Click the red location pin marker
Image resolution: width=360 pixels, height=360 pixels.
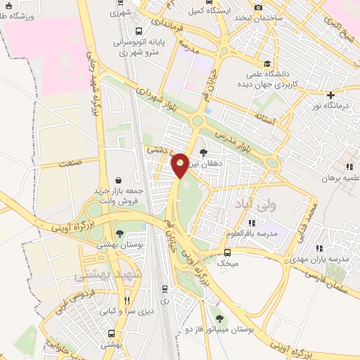pyautogui.click(x=180, y=165)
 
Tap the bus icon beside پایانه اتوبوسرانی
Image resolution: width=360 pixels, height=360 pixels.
pyautogui.click(x=139, y=31)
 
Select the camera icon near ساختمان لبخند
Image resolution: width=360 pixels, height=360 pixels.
pyautogui.click(x=259, y=7)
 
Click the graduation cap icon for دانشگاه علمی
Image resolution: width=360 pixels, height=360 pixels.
pyautogui.click(x=267, y=63)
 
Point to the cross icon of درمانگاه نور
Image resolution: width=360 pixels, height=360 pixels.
pyautogui.click(x=330, y=94)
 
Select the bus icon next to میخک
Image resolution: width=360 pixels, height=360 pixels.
pyautogui.click(x=227, y=252)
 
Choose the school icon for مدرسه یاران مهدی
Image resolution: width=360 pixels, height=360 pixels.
pyautogui.click(x=321, y=247)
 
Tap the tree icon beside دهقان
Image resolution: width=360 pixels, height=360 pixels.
pyautogui.click(x=204, y=151)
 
